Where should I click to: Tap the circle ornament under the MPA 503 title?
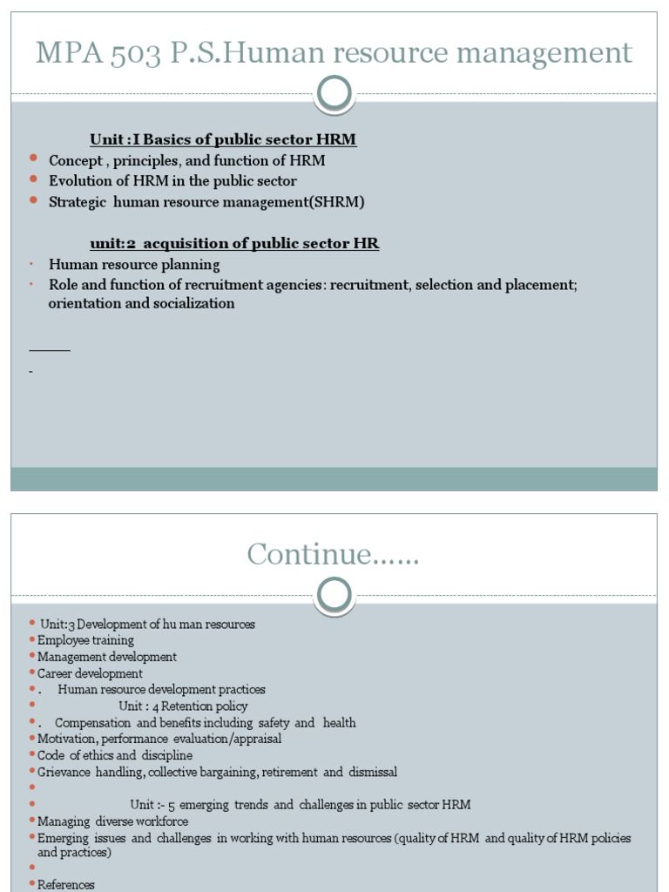point(334,93)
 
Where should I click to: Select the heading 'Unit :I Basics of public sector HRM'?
point(222,139)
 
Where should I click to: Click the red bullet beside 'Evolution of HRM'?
point(33,179)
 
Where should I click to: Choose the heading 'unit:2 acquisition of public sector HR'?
point(234,244)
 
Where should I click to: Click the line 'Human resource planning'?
point(134,265)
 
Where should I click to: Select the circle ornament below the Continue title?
point(334,595)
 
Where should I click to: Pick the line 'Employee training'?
point(85,640)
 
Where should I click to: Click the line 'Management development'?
point(107,657)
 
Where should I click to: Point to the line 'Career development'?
point(90,673)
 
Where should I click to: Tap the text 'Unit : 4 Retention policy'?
point(183,706)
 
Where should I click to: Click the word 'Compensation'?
point(93,723)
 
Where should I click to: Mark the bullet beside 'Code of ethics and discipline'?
point(32,755)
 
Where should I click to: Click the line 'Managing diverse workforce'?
point(112,821)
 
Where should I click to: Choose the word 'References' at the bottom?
point(66,885)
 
